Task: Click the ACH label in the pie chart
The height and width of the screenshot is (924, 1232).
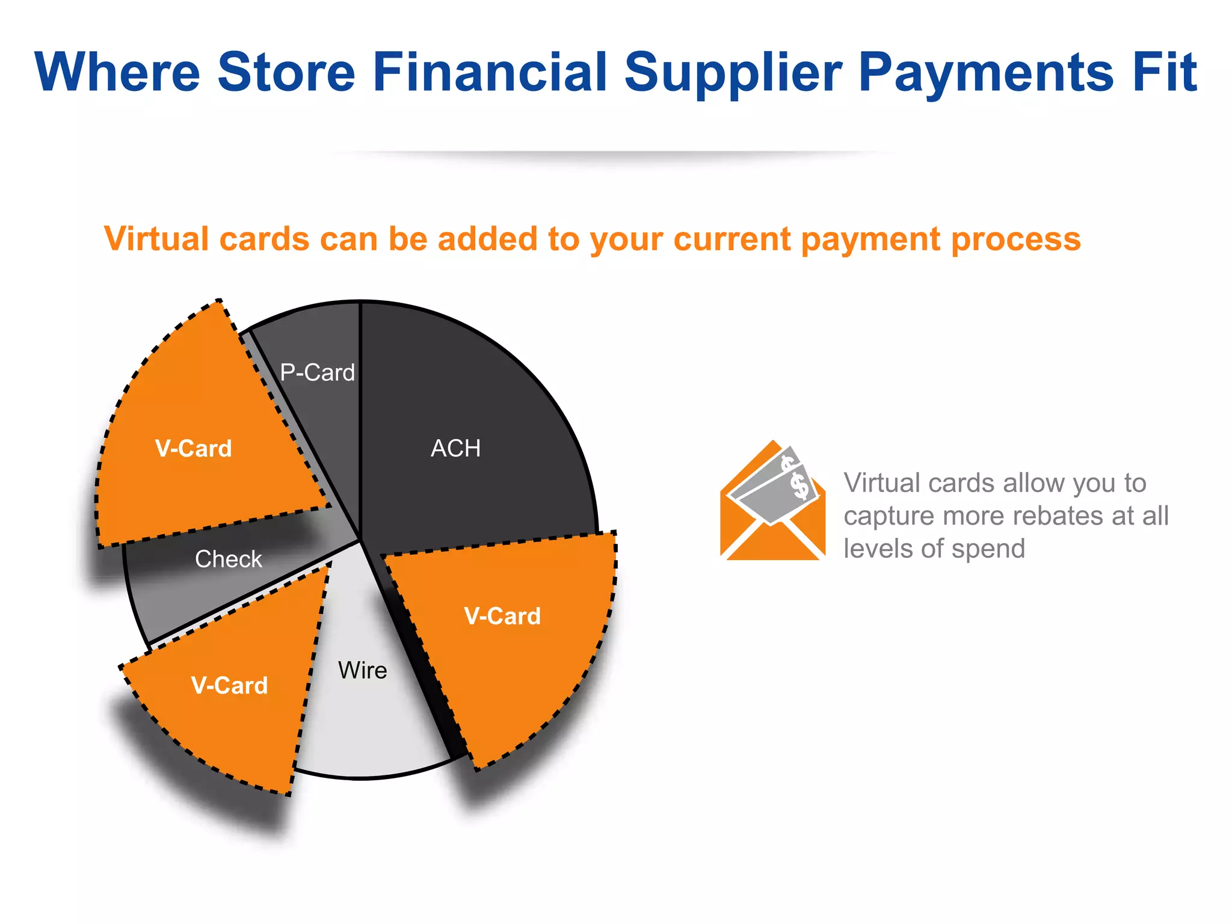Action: pos(455,449)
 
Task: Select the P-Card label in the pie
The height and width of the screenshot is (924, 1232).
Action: pos(317,373)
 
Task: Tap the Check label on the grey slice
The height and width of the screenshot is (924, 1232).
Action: pos(229,559)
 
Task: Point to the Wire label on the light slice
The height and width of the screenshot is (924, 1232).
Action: pos(362,670)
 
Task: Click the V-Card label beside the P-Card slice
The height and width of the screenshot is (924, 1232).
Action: pos(193,449)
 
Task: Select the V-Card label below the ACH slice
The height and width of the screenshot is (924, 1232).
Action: pos(502,616)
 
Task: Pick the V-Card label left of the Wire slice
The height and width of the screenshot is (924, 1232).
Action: pos(229,686)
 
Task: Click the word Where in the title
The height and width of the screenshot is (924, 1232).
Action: pos(117,72)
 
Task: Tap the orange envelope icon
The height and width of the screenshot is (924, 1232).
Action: pos(772,523)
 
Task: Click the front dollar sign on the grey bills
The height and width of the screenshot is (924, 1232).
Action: pos(800,485)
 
